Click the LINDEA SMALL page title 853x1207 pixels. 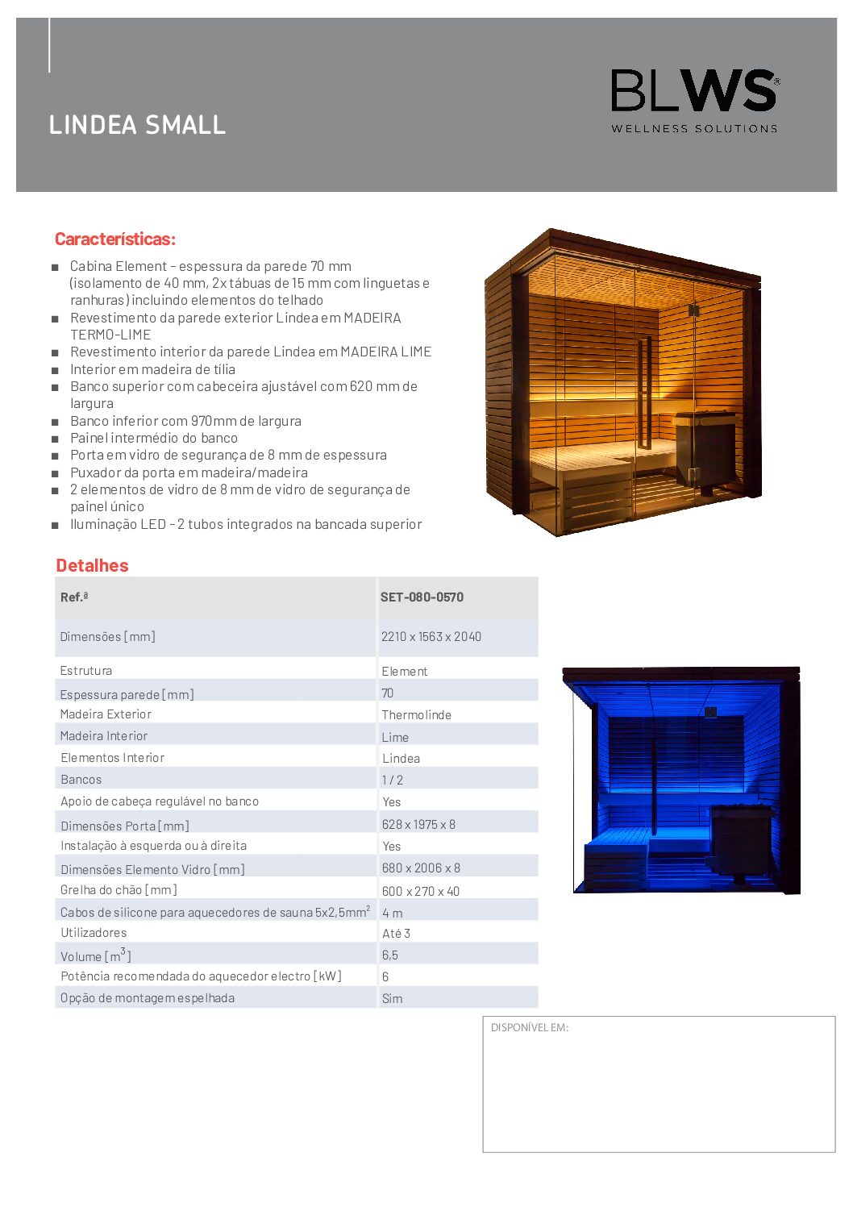(x=137, y=125)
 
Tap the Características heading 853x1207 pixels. (x=115, y=239)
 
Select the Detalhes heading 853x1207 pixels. (x=92, y=565)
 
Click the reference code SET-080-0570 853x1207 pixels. (x=422, y=597)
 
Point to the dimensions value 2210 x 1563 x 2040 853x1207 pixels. (x=431, y=636)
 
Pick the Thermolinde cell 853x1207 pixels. (x=416, y=715)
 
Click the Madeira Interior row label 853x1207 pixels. (x=104, y=736)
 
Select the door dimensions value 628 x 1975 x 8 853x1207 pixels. (x=418, y=824)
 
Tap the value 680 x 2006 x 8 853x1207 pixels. (x=421, y=868)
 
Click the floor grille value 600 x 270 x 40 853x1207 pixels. (x=421, y=891)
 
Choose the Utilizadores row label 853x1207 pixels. (x=94, y=933)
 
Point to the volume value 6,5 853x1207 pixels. (x=390, y=955)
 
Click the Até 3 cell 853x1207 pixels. (x=396, y=934)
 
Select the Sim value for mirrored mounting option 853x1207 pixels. (x=392, y=998)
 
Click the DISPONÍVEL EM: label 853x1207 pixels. (x=530, y=1028)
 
